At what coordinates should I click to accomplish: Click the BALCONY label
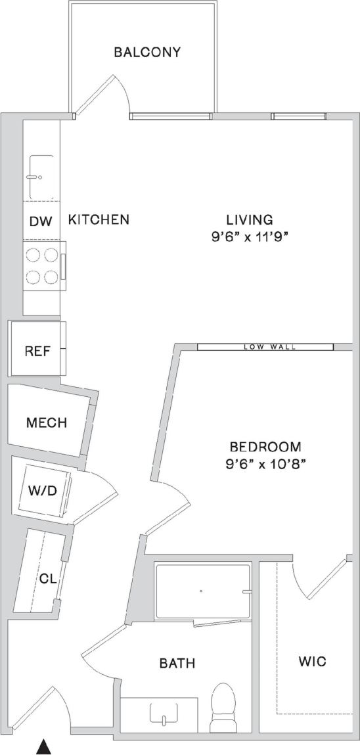[x=147, y=53]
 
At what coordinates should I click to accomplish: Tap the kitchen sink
[x=41, y=177]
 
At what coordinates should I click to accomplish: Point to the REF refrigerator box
[x=37, y=350]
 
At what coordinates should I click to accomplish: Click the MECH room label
[x=47, y=423]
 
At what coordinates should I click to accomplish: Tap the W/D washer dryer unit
[x=41, y=490]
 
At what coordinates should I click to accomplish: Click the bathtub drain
[x=200, y=591]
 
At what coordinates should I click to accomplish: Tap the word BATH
[x=177, y=664]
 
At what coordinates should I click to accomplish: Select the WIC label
[x=312, y=661]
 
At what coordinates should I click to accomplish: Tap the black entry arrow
[x=43, y=746]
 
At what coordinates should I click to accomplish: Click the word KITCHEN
[x=99, y=219]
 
